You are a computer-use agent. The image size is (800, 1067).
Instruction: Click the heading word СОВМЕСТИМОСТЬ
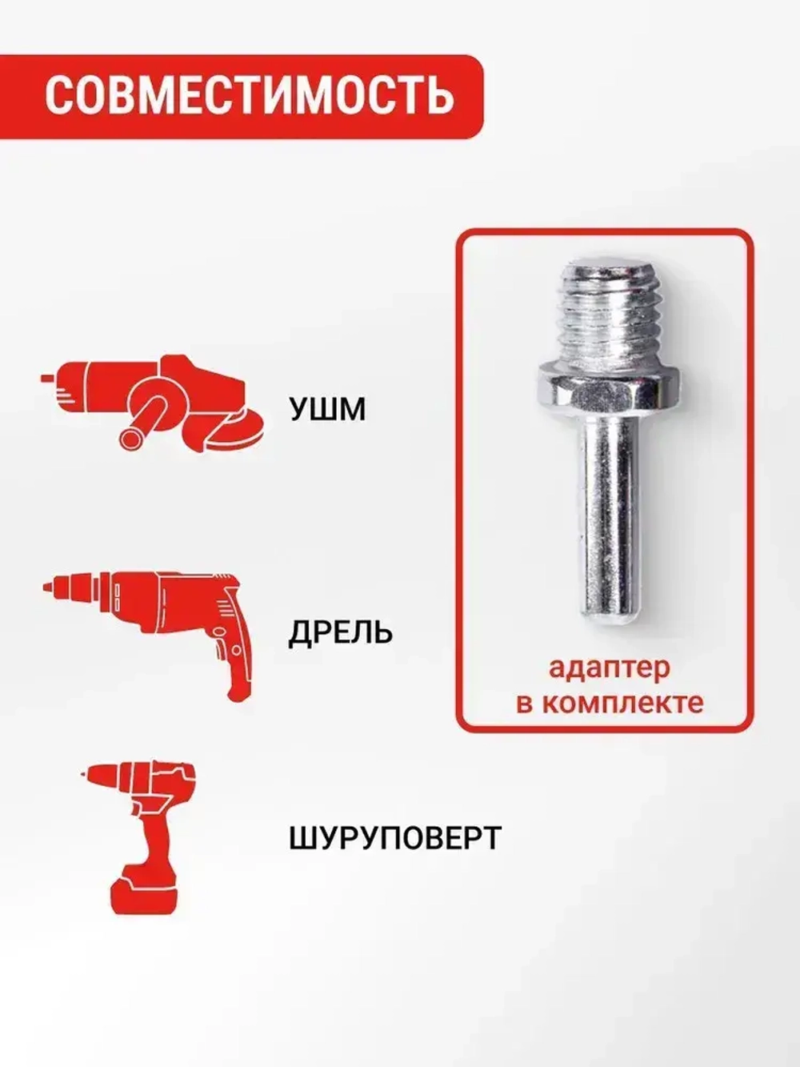(x=249, y=95)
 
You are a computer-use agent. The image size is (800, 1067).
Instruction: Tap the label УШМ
(x=327, y=410)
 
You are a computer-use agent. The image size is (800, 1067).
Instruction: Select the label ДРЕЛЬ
(x=341, y=632)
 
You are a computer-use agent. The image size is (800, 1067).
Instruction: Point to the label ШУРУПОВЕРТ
(x=394, y=838)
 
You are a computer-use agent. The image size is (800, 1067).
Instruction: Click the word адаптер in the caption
(x=609, y=668)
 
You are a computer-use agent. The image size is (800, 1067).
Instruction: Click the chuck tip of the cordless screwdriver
(x=86, y=776)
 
